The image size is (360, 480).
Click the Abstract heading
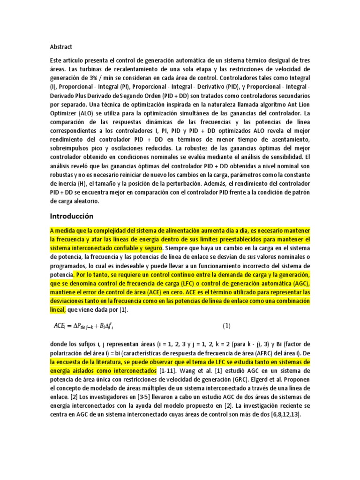coord(61,47)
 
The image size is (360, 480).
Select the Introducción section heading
coord(72,216)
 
